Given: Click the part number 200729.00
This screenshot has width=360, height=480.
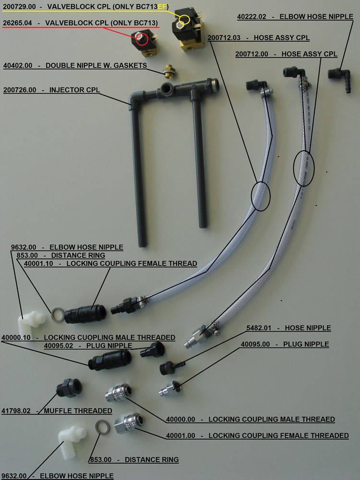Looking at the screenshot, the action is [19, 6].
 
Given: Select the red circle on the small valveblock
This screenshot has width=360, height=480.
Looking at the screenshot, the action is [142, 39].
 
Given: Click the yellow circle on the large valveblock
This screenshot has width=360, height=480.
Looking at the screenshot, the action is [185, 20].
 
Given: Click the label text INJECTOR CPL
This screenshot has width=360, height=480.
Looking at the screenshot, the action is [74, 90].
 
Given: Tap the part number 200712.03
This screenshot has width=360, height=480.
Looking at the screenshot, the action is [224, 37].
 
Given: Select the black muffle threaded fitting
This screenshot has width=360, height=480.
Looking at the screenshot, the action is [69, 387].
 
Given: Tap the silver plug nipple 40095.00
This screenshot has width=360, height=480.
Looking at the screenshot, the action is [170, 388].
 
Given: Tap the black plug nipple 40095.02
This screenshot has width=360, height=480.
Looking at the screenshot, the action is [152, 349].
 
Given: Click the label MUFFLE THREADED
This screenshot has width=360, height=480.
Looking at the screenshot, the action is [78, 411].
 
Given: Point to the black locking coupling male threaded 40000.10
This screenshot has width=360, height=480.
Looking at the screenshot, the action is [110, 360].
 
